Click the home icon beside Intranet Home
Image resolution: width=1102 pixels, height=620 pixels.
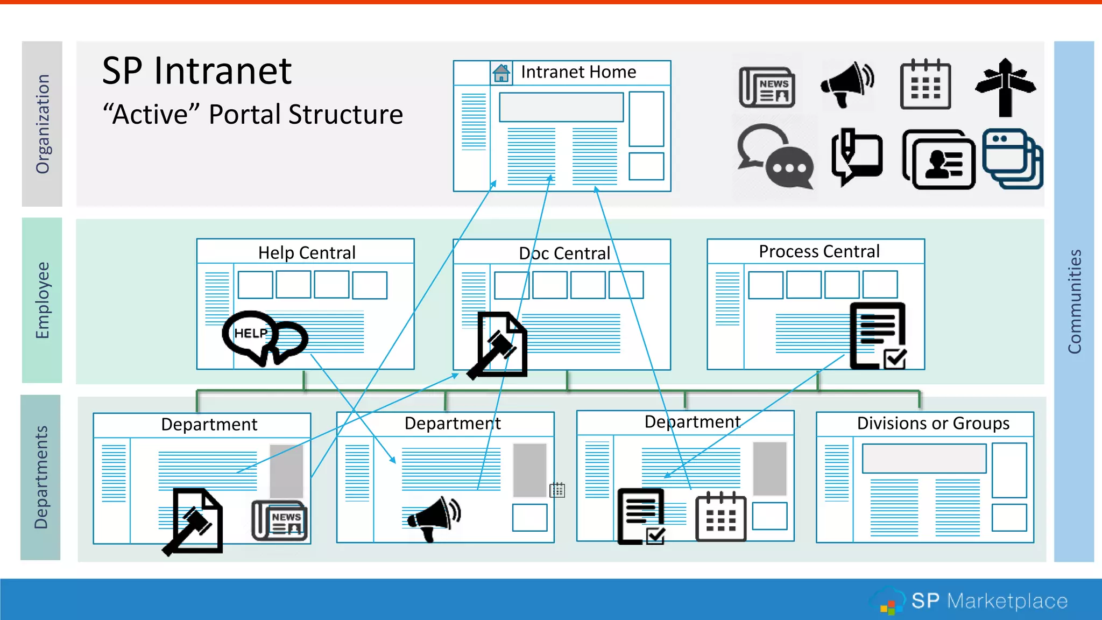(501, 73)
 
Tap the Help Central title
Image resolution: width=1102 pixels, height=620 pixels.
(307, 252)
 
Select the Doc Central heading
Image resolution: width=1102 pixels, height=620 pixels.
(564, 253)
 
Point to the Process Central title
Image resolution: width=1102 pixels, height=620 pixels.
(819, 251)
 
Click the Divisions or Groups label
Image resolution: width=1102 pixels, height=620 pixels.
(933, 423)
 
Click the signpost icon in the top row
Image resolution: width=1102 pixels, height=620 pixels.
(1005, 87)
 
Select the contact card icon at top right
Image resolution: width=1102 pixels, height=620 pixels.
(939, 160)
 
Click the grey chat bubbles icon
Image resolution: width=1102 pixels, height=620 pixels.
(775, 157)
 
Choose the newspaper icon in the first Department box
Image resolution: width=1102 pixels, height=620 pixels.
(279, 520)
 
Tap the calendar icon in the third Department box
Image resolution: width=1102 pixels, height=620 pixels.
(720, 517)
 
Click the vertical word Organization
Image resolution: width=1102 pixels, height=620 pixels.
(43, 124)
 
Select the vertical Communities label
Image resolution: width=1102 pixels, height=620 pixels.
(1074, 301)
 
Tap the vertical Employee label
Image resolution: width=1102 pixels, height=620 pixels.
(42, 300)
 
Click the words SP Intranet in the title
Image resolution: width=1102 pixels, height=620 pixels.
(196, 71)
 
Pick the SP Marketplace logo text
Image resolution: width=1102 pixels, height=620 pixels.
(989, 601)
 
